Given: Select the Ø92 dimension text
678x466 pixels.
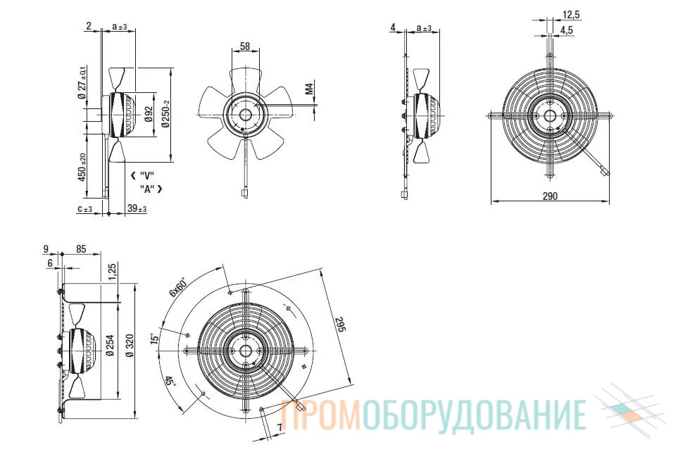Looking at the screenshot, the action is coord(149,114).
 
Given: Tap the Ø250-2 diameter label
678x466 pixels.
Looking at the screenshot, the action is coord(165,114).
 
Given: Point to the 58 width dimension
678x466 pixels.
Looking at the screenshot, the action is coord(245,46).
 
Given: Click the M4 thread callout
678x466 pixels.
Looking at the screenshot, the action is coord(310,89).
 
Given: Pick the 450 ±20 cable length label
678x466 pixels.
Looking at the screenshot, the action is coord(82,168).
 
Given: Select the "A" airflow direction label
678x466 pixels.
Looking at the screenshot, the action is coord(151,189).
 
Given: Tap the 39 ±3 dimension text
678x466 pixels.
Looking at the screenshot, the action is coord(137,208).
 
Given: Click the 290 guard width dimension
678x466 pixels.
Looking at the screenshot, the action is coord(550,196).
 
